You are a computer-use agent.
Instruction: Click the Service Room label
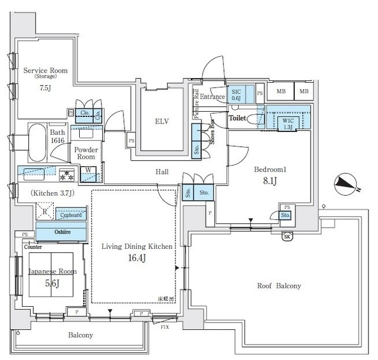(45, 71)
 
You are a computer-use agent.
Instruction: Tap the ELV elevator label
(162, 121)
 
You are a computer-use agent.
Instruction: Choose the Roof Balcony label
(279, 286)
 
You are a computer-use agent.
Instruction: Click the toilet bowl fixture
(255, 119)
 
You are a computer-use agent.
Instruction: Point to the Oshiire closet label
(61, 232)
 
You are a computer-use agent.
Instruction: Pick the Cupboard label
(71, 215)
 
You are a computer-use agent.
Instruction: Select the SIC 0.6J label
(237, 94)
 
